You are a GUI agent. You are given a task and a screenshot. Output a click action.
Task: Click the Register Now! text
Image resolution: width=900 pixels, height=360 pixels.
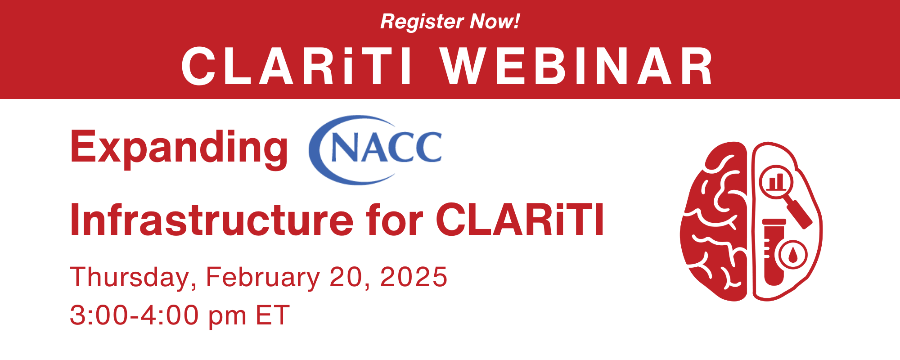450,22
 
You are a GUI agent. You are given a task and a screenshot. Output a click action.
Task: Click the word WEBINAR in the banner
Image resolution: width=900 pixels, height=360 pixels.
577,66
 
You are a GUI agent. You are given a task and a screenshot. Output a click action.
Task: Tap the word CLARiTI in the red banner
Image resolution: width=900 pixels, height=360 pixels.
297,66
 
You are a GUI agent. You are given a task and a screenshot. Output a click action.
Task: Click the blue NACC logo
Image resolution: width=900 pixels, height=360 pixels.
375,149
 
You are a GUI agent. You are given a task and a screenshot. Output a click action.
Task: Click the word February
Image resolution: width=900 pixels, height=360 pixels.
263,278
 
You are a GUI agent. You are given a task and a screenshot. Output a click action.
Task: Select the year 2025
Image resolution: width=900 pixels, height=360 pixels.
414,277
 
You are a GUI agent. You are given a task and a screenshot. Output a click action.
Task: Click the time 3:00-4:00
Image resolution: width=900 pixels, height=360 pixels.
135,315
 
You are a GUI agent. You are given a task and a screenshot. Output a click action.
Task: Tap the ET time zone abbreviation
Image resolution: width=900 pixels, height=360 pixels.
273,315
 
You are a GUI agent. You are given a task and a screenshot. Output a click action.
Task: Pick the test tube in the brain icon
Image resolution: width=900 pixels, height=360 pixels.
774,252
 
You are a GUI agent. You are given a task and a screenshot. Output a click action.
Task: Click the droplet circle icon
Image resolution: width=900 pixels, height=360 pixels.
792,255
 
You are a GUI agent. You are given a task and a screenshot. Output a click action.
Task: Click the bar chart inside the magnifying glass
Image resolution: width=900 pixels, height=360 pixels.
776,181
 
